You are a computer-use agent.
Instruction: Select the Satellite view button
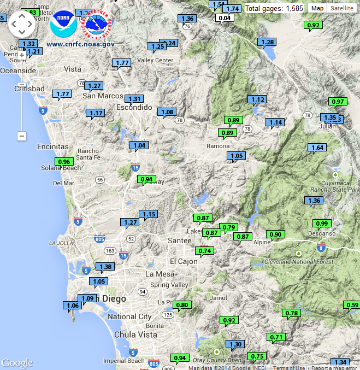(x=341, y=8)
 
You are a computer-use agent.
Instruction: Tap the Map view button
(x=318, y=8)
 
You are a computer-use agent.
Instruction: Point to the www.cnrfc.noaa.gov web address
(x=81, y=44)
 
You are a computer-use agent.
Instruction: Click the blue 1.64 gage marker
(x=317, y=148)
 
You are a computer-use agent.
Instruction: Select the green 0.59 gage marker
(x=352, y=304)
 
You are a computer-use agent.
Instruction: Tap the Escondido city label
(x=134, y=108)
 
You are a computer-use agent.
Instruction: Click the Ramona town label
(x=218, y=146)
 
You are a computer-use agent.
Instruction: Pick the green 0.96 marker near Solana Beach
(x=64, y=161)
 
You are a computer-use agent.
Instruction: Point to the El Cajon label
(x=184, y=261)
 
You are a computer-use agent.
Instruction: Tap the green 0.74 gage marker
(x=205, y=251)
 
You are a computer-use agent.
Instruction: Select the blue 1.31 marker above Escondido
(x=134, y=99)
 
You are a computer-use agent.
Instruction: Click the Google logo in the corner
(x=17, y=363)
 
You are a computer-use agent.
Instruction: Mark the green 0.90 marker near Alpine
(x=276, y=234)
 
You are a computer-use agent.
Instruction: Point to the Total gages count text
(x=274, y=8)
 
